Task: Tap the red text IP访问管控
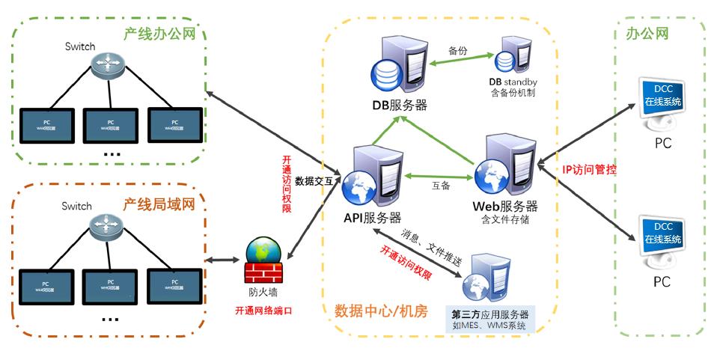(x=590, y=169)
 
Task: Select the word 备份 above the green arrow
(x=457, y=51)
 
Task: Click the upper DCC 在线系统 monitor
(x=662, y=97)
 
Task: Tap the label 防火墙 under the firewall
(x=263, y=293)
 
